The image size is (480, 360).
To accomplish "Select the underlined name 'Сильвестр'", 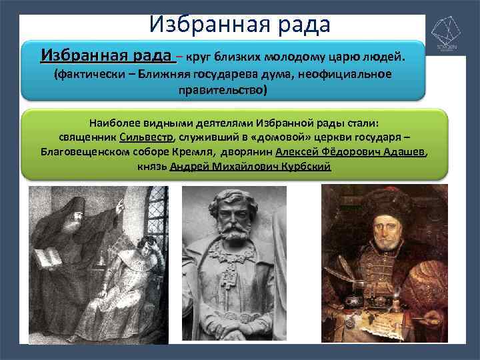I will [x=146, y=137].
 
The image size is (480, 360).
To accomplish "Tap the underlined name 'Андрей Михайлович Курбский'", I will [x=251, y=166].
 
